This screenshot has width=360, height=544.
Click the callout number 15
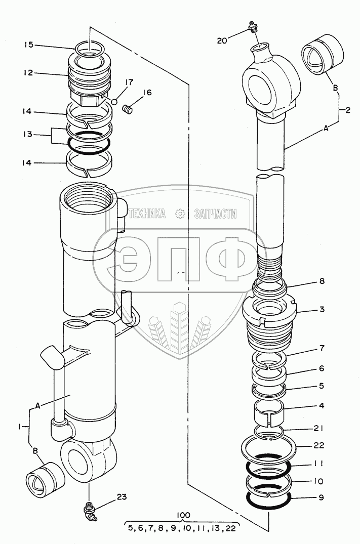coord(29,45)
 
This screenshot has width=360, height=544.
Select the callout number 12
coord(29,72)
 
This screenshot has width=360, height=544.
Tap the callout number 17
coord(129,82)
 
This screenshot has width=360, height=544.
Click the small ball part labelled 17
coord(114,102)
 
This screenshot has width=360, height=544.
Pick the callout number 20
coord(222,40)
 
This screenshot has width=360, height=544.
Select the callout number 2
coord(347,110)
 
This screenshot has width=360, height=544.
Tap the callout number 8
coord(322,281)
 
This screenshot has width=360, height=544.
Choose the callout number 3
coord(322,309)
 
